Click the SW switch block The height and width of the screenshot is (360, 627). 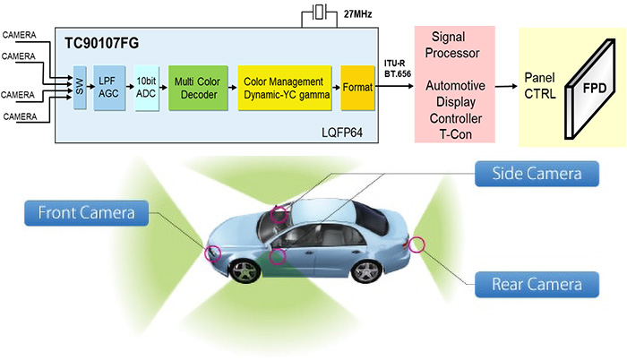80,88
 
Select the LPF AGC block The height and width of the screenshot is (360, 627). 109,88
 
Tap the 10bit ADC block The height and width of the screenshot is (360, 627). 146,88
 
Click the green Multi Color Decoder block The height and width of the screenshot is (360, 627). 198,88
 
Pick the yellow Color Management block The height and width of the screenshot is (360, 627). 285,88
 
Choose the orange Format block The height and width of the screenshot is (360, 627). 358,88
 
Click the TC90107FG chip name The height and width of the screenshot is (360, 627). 101,43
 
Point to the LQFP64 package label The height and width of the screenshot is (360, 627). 342,133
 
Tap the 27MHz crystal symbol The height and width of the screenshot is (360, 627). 319,12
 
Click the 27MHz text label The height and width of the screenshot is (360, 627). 358,14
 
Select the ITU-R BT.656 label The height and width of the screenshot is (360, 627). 398,69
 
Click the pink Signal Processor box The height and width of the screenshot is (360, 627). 455,84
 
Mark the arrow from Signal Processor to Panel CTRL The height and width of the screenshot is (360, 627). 506,86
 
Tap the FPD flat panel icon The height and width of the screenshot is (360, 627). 589,89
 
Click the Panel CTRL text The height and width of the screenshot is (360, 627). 540,86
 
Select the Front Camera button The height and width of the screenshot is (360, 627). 86,213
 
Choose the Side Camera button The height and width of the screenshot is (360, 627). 537,174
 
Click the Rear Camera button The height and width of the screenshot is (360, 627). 537,285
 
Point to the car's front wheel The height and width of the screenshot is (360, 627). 245,271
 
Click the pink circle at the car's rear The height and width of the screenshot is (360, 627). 417,244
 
